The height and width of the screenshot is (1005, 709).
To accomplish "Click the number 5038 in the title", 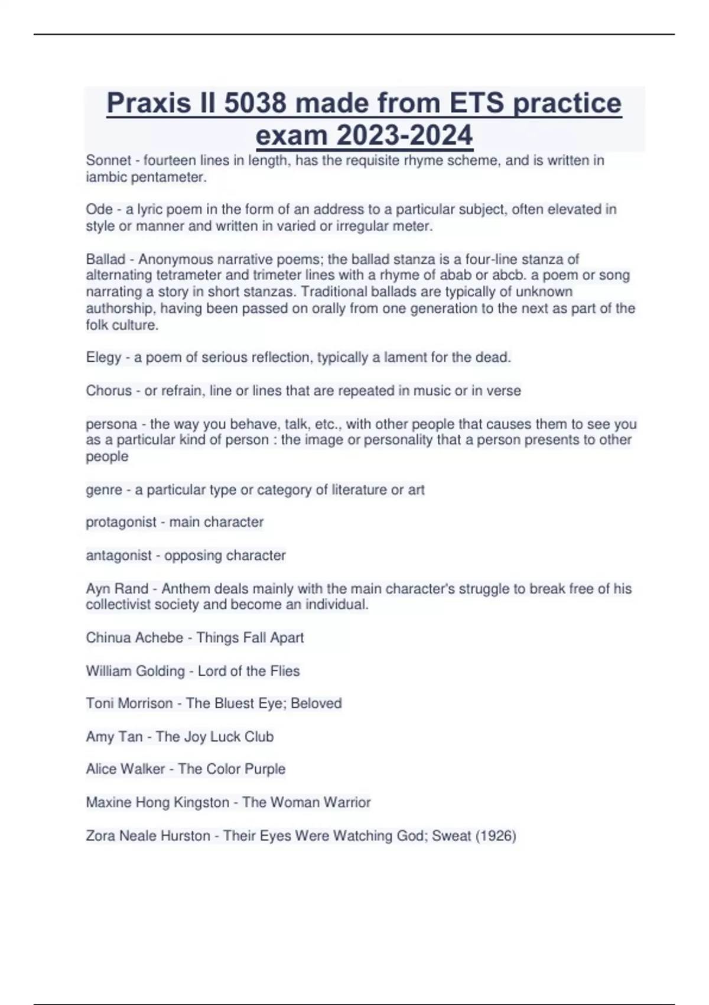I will point(255,103).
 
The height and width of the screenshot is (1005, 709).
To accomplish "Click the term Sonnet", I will point(109,160).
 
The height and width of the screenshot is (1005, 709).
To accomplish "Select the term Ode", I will point(99,209).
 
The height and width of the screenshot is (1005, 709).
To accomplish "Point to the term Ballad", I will point(106,259).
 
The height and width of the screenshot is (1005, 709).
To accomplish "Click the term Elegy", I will point(103,358).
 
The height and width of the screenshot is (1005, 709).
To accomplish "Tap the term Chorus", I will point(109,391).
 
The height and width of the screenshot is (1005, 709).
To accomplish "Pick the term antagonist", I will point(119,555).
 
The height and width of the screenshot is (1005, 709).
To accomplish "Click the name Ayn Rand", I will point(117,589).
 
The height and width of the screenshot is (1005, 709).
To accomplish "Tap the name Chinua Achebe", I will point(134,638).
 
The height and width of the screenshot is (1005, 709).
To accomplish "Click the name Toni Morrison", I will point(129,703).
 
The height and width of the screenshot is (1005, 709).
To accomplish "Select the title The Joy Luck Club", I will point(214,737).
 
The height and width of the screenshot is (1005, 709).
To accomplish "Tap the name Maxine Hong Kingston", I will point(157,802).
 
